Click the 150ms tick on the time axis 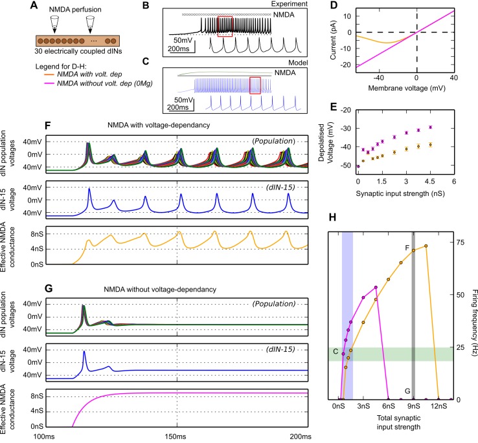tap(177, 438)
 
